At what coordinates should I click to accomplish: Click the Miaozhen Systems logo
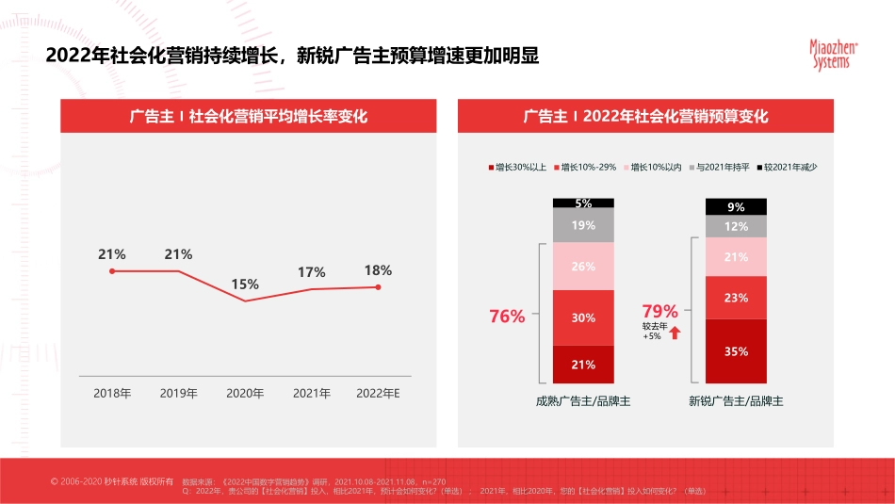830,55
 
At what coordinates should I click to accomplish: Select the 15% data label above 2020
245,285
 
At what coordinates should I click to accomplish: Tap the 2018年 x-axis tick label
112,394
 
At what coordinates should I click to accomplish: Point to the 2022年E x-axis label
379,394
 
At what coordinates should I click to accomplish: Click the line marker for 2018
112,271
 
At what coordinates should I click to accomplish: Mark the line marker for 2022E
379,287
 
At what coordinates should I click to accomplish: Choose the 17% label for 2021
312,272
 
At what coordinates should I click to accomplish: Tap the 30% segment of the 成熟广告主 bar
583,317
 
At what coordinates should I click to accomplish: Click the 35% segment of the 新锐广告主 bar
737,351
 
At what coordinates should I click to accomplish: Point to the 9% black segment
737,207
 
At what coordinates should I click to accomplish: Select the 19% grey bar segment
583,225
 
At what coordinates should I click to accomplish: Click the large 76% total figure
507,317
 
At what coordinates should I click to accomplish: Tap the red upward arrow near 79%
675,332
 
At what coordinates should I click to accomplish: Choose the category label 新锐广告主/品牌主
737,401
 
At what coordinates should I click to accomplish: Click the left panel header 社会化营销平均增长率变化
249,117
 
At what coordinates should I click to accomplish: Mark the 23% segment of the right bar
737,298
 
